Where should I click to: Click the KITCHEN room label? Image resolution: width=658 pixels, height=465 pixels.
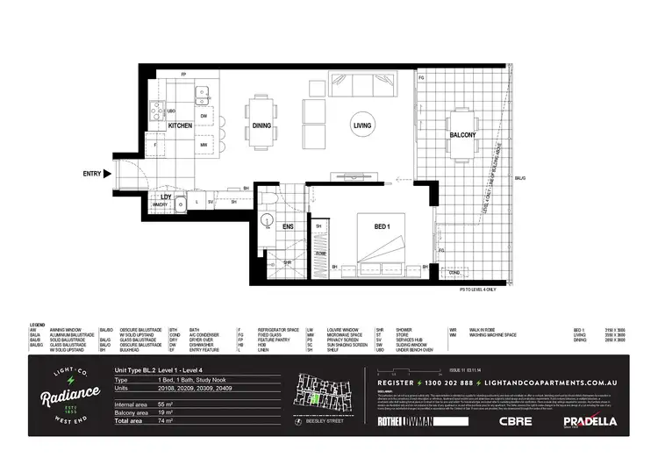(x=180, y=125)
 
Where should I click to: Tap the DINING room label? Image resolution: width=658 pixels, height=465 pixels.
(x=261, y=125)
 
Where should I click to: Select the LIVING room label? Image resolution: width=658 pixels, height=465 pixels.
(x=362, y=125)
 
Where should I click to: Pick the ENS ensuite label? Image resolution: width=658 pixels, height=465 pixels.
(x=288, y=226)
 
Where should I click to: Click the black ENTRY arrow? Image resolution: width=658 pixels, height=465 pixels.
(x=108, y=174)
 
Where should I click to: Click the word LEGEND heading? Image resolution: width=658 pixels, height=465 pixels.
(x=37, y=325)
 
